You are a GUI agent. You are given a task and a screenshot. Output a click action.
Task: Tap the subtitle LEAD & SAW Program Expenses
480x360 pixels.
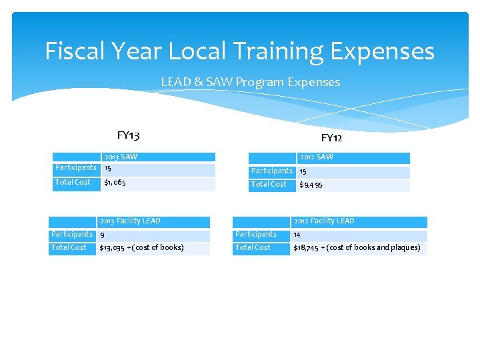[x=250, y=82]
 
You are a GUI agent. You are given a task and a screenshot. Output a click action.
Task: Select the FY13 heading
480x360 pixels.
[x=128, y=135]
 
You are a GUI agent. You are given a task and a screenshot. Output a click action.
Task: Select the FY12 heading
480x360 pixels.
[x=331, y=138]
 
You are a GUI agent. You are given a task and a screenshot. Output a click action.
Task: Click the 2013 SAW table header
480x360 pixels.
[x=121, y=157]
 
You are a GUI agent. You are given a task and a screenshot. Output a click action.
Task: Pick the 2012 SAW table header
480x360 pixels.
[x=316, y=157]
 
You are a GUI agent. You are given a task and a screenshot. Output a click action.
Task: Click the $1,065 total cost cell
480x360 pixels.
[x=115, y=182]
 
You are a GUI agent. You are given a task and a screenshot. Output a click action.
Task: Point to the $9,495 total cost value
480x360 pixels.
[x=311, y=185]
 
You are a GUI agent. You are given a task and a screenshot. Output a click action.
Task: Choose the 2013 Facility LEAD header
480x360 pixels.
[x=130, y=221]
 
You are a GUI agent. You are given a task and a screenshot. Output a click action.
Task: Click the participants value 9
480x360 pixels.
[x=102, y=235]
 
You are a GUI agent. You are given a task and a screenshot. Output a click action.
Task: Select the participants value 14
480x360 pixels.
[x=297, y=235]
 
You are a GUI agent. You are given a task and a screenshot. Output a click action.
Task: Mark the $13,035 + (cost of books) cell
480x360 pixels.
[x=141, y=248]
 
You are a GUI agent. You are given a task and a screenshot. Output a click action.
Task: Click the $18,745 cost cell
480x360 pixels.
[x=357, y=248]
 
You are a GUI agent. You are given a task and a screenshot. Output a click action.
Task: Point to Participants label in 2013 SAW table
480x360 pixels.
[x=75, y=167]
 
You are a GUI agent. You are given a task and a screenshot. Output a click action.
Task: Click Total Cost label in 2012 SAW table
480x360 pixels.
[x=269, y=184]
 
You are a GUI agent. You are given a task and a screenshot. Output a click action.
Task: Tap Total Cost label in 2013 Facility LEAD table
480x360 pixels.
[x=69, y=247]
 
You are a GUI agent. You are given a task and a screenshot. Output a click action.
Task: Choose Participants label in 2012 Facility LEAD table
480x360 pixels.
[x=255, y=234]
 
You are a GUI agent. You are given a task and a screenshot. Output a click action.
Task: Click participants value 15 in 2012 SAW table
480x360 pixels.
[x=303, y=171]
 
